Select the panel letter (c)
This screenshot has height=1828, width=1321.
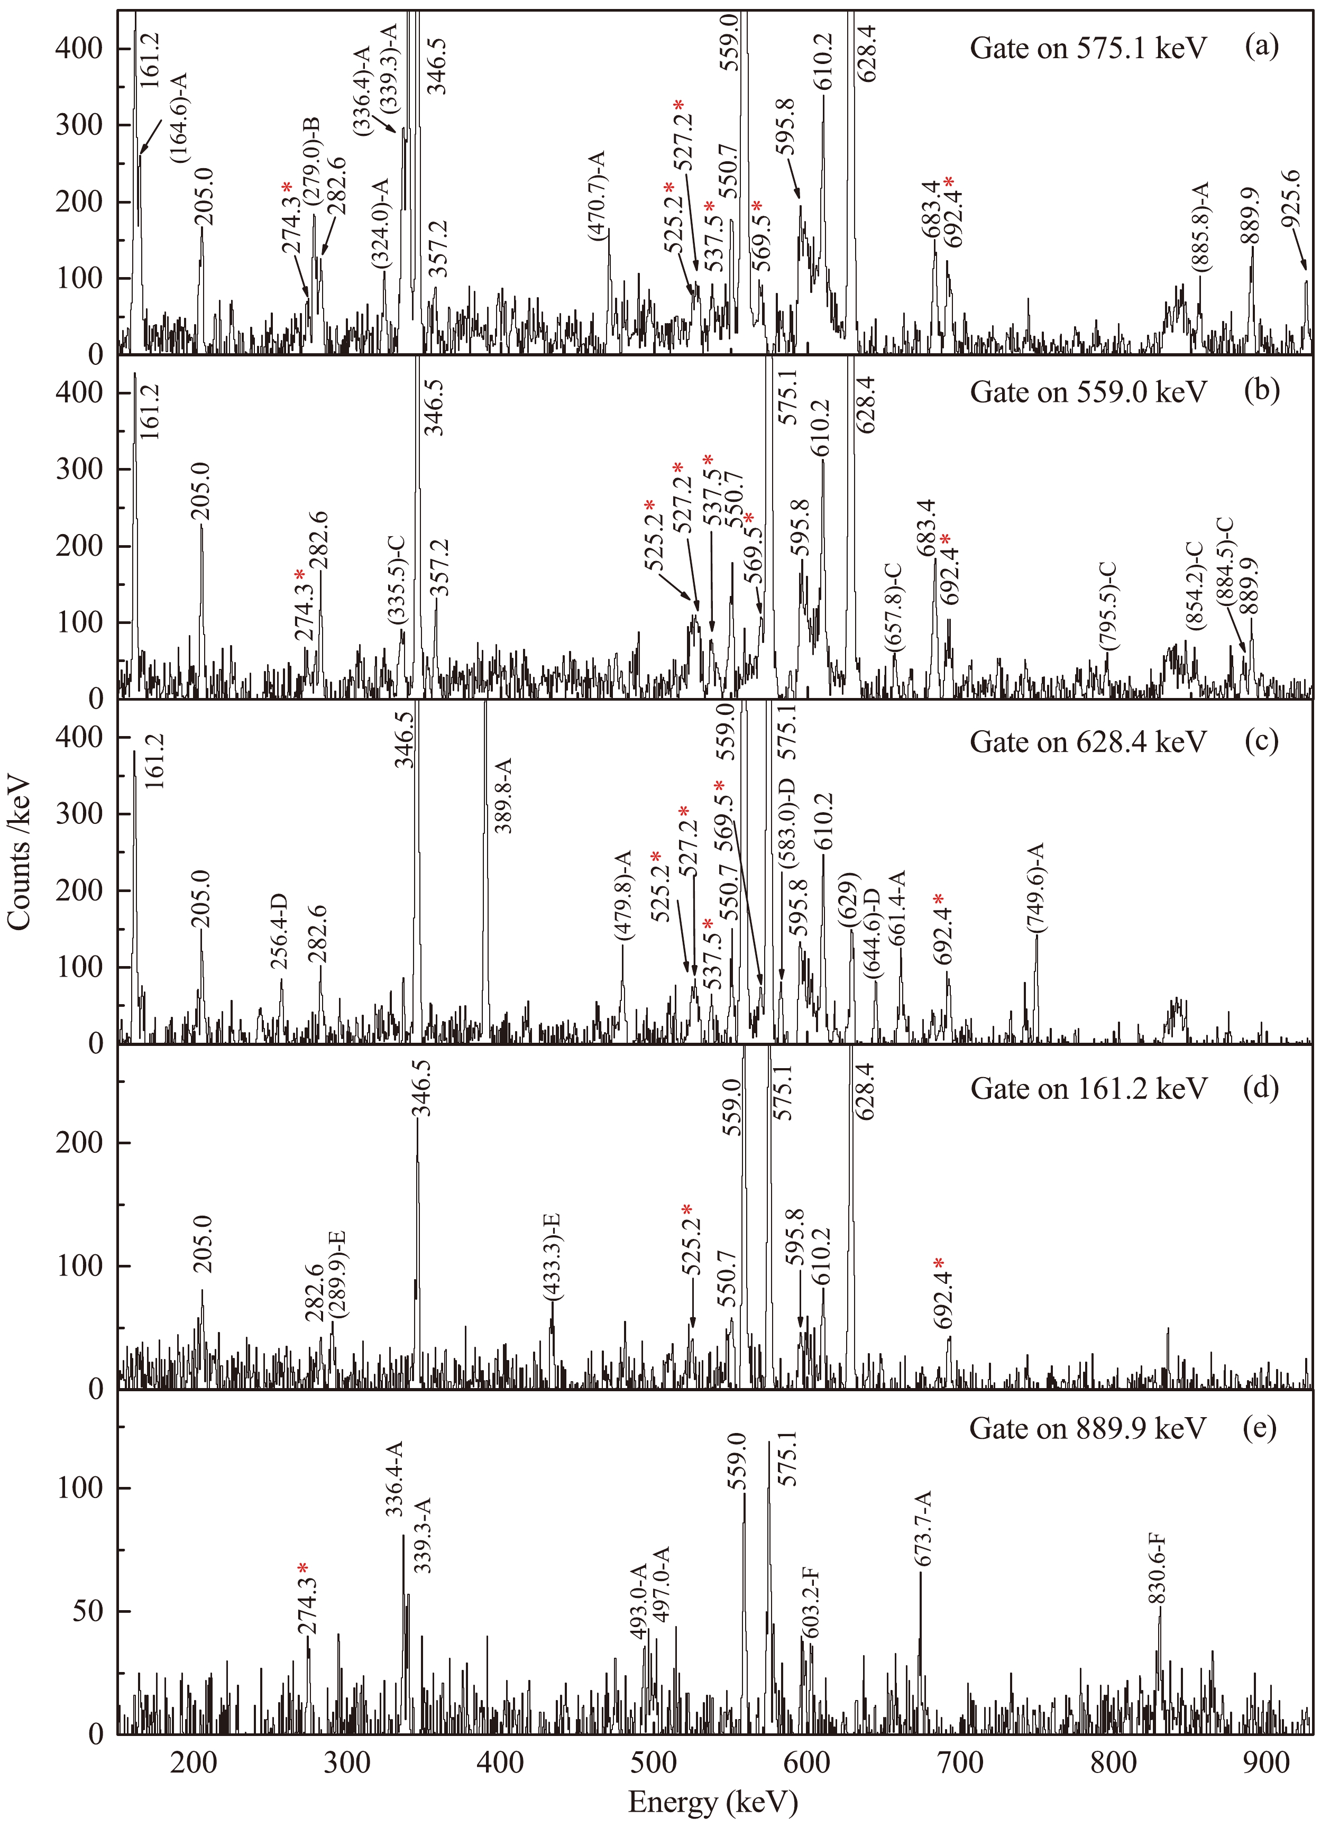click(x=1261, y=740)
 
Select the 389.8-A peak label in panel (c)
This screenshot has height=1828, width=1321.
click(x=503, y=795)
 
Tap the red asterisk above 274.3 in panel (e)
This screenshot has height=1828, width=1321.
click(x=302, y=1568)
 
